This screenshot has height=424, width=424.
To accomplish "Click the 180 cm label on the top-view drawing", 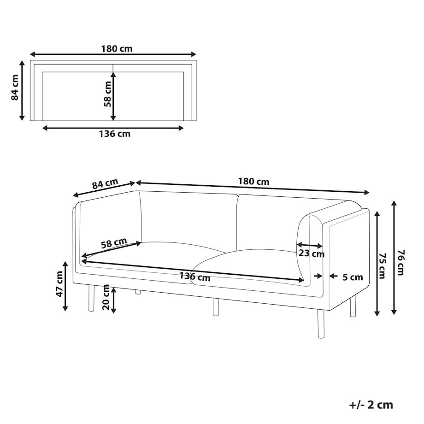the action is [117, 49].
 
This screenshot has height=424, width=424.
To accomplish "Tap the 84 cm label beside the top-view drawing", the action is [15, 88].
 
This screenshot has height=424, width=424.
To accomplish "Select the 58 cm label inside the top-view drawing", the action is [107, 94].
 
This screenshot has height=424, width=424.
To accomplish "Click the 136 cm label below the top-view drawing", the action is [115, 134].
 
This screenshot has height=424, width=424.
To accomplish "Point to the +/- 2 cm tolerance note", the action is [371, 405].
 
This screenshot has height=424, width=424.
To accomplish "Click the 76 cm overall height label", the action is [402, 263].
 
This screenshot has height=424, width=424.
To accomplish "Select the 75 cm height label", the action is [383, 266].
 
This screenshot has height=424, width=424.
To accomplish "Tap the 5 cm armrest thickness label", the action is [353, 277].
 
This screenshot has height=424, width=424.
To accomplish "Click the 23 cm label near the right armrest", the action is [312, 253].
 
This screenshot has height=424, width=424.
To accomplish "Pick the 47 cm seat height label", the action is [59, 284].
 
